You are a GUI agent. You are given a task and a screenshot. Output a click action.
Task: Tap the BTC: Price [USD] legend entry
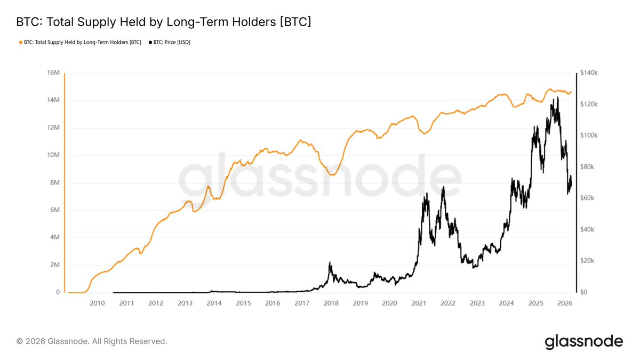[170, 42]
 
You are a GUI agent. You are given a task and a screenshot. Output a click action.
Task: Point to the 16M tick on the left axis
[54, 73]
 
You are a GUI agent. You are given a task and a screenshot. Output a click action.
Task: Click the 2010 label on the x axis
[97, 303]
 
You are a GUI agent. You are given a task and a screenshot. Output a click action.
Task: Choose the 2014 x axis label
[214, 303]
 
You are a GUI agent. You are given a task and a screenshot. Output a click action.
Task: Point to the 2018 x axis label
[331, 303]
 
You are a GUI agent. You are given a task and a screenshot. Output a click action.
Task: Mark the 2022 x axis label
[448, 303]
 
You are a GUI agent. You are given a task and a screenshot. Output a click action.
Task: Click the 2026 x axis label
[565, 303]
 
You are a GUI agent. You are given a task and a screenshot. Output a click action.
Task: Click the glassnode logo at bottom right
[583, 341]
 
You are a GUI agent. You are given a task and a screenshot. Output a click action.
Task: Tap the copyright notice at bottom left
[92, 341]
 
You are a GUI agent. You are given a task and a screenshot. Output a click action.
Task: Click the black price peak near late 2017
[330, 262]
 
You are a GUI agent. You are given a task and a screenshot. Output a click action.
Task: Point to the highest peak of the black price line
[558, 98]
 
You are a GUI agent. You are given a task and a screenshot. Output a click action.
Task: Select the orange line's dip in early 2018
[332, 174]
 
